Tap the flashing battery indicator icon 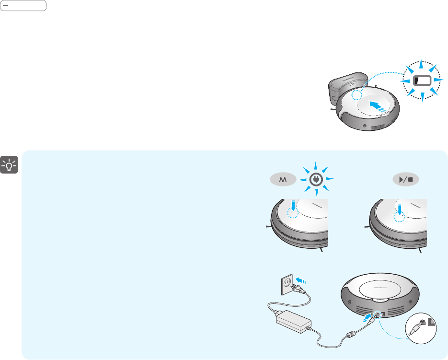pyautogui.click(x=422, y=80)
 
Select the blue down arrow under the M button pyautogui.click(x=294, y=207)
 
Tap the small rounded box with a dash pyautogui.click(x=23, y=6)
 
